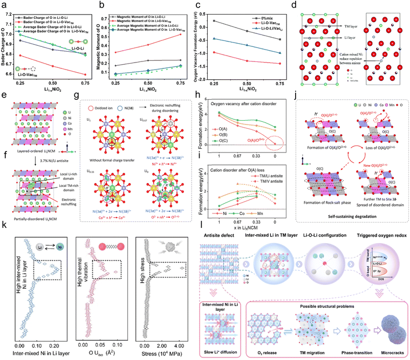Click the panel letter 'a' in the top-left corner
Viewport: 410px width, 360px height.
4,4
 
